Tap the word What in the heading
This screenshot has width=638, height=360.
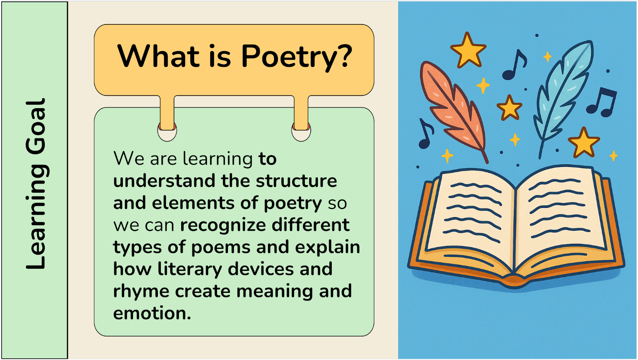click(x=158, y=55)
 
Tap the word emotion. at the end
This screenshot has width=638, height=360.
click(x=152, y=313)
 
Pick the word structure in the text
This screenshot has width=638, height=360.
click(x=296, y=181)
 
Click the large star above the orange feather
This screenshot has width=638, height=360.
click(x=468, y=51)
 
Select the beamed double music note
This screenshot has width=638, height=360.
click(x=602, y=103)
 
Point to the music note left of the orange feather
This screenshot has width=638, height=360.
click(x=426, y=134)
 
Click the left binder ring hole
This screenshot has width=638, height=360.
click(x=167, y=132)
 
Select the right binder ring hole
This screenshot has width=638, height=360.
click(x=301, y=132)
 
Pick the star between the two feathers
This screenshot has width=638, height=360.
click(x=509, y=108)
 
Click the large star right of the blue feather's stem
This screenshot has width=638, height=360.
click(x=584, y=142)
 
